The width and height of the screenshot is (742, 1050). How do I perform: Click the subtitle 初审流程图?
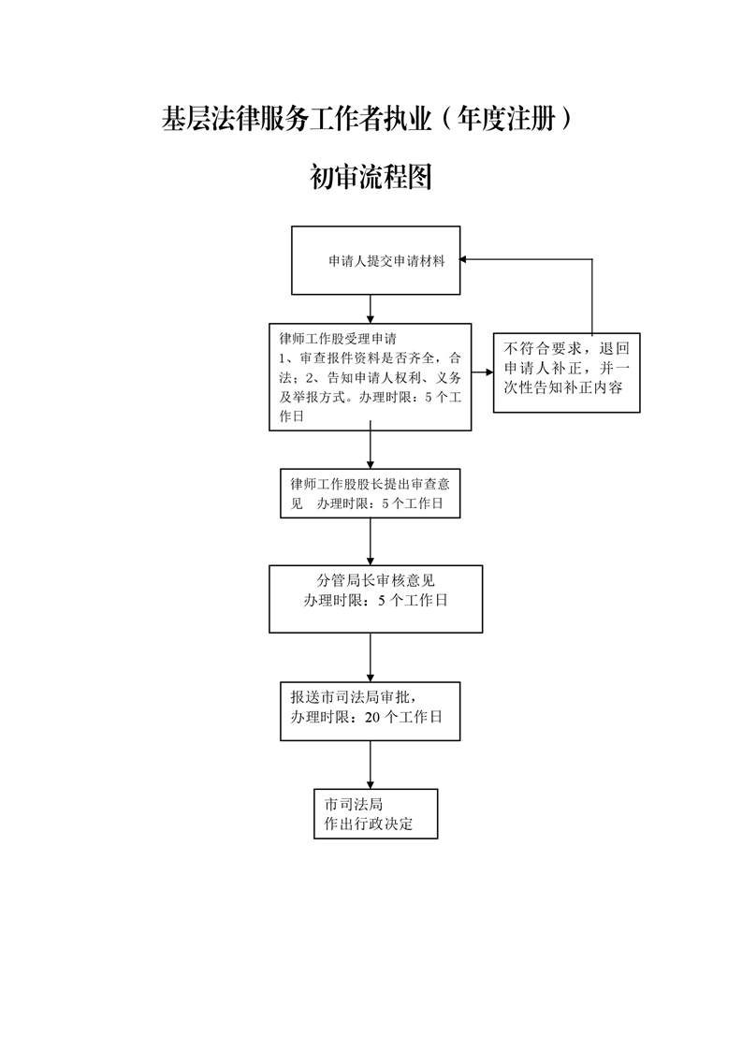point(371,177)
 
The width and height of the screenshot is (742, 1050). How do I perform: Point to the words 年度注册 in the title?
point(506,119)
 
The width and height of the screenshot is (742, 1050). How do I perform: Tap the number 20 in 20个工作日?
point(372,717)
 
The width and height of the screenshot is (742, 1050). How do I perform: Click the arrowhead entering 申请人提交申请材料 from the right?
point(463,260)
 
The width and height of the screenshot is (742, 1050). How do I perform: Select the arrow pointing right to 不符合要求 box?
point(482,372)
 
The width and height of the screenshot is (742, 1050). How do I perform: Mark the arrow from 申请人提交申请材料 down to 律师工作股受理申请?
point(371,309)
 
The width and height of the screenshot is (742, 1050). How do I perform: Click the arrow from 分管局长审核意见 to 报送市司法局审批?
point(371,658)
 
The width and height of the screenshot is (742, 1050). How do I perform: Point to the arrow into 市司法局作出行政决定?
point(371,765)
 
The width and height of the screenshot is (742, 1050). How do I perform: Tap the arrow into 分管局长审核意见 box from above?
point(371,542)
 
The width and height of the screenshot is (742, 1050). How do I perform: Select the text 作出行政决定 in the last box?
point(369,824)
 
